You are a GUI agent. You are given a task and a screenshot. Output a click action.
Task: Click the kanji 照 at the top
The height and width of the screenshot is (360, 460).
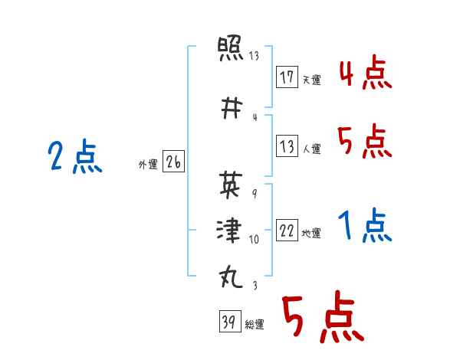(x=230, y=48)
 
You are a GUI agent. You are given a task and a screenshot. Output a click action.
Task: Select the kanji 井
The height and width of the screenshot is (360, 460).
(x=232, y=108)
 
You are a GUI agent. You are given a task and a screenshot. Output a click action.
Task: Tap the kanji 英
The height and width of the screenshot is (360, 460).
(x=231, y=185)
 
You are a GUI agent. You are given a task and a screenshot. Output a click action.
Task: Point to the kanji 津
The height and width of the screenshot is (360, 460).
(x=229, y=230)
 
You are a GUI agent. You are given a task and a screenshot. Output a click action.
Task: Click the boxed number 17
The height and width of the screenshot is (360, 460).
(x=287, y=77)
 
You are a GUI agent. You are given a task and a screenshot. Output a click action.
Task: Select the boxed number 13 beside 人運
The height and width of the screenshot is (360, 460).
(x=287, y=146)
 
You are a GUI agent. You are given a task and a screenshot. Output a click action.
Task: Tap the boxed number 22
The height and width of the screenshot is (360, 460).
(x=287, y=230)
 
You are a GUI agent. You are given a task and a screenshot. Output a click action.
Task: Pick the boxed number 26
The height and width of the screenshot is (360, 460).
(x=173, y=162)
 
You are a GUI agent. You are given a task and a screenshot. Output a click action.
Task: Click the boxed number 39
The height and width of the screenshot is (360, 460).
(x=230, y=321)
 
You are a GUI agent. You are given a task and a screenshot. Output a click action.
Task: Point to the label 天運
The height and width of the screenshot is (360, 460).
(x=311, y=80)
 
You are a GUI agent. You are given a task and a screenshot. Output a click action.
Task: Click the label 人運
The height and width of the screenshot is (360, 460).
(x=311, y=149)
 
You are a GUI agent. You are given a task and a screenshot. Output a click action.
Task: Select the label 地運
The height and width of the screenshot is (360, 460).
(x=311, y=234)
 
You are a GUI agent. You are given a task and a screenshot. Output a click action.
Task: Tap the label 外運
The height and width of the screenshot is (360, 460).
(x=148, y=165)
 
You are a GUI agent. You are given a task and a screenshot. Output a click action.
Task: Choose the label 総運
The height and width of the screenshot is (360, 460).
(x=255, y=324)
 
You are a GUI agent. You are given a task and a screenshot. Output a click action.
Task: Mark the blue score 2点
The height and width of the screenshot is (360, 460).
(x=75, y=156)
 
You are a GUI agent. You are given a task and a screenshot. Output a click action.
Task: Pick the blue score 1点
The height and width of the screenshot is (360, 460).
(x=365, y=225)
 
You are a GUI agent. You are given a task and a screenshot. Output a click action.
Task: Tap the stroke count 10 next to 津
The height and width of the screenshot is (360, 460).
(x=254, y=240)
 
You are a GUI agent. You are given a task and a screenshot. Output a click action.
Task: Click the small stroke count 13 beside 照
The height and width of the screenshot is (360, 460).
(x=254, y=55)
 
